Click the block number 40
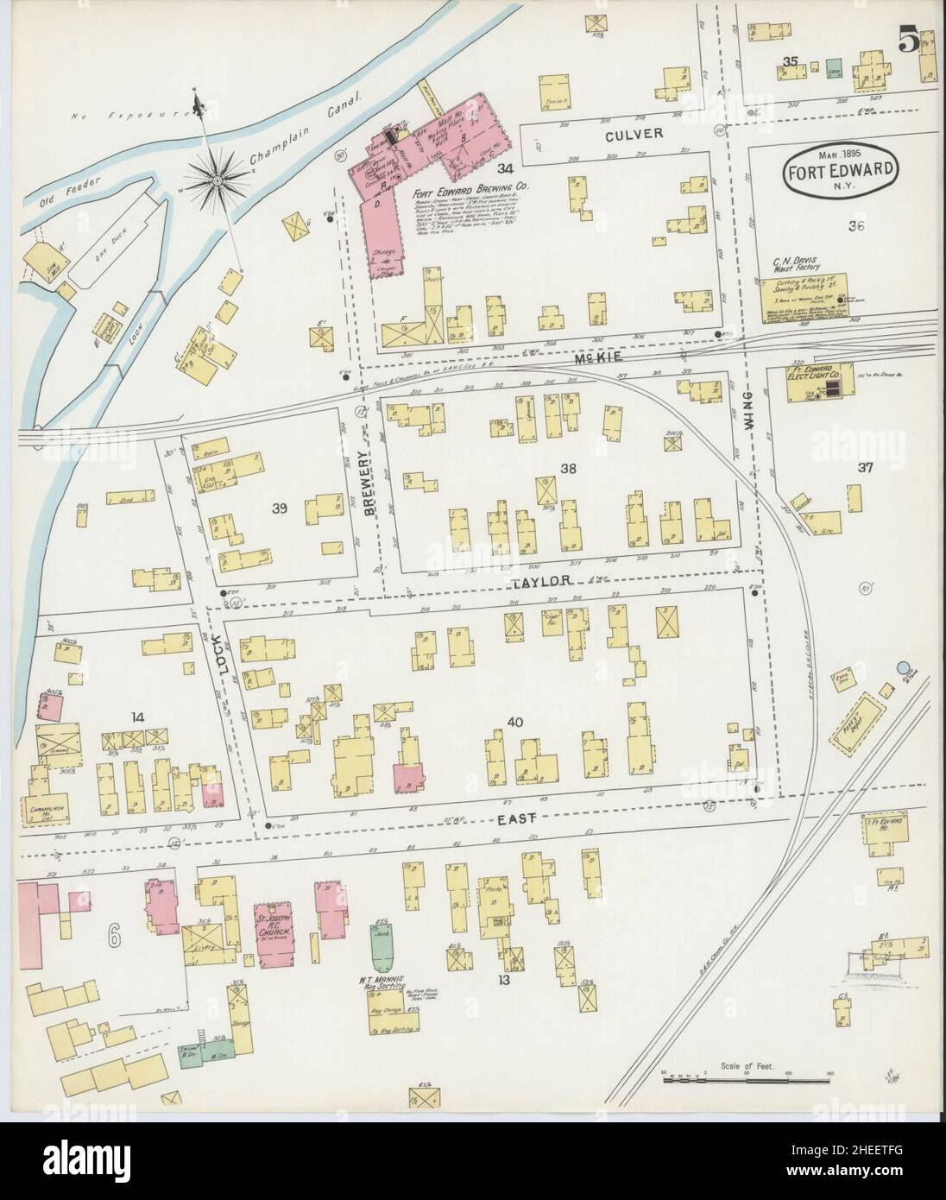pyautogui.click(x=515, y=721)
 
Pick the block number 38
pyautogui.click(x=567, y=469)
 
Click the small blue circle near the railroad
pyautogui.click(x=903, y=667)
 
